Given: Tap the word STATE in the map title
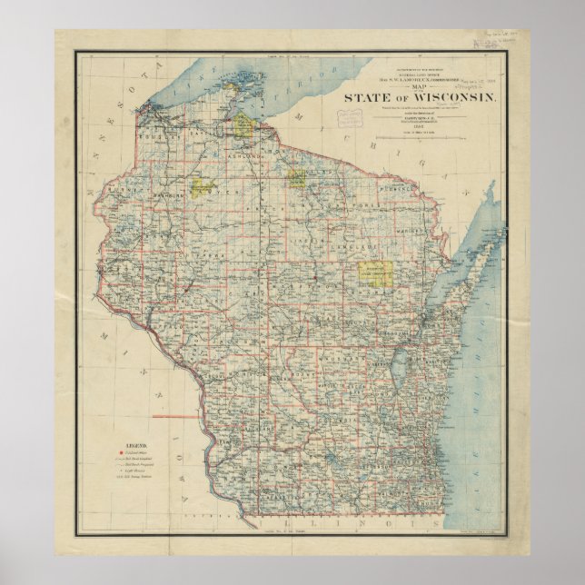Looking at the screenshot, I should coord(366,99).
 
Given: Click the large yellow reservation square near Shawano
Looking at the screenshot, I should coord(368,274).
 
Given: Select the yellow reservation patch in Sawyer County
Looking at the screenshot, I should coord(202,189).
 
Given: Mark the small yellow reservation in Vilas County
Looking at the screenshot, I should coord(296,179).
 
